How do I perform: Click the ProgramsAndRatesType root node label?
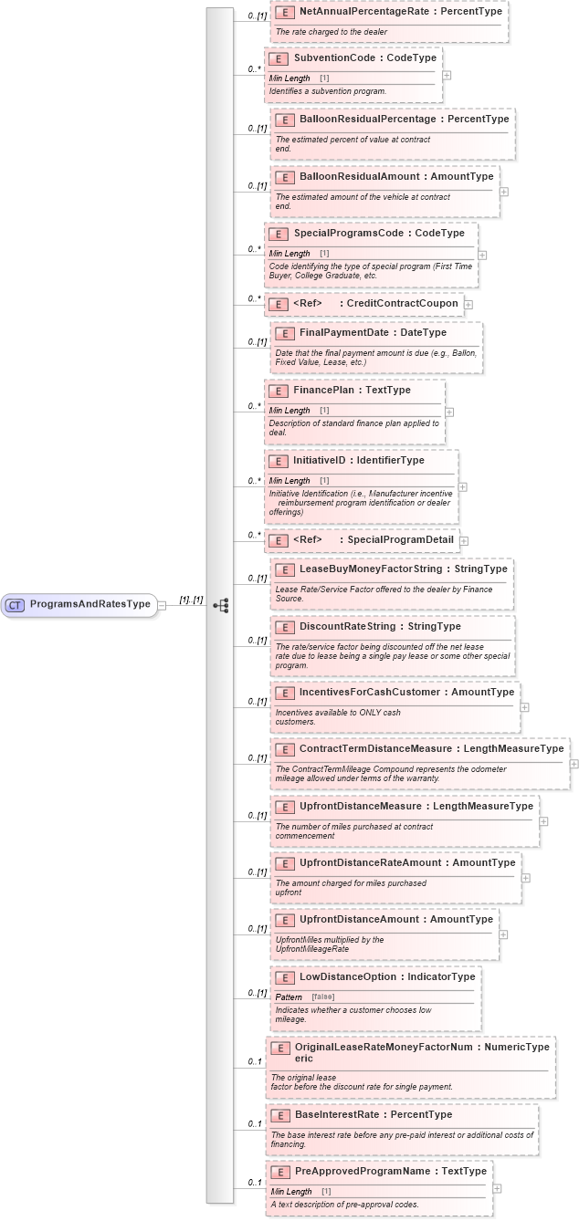tap(90, 604)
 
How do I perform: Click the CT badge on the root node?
tap(16, 604)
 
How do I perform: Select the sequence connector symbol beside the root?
tap(221, 605)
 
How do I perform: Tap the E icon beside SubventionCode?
tap(278, 57)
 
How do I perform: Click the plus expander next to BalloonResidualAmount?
tap(504, 192)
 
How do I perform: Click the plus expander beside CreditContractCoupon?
tap(468, 304)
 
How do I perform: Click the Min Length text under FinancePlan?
tap(289, 411)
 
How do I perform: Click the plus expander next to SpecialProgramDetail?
tap(464, 540)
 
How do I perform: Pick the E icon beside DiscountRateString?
tap(284, 627)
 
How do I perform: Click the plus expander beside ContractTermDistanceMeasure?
tap(574, 764)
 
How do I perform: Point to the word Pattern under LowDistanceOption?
tap(289, 997)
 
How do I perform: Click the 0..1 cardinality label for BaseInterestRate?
tap(256, 1123)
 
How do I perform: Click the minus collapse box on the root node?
tap(162, 604)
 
